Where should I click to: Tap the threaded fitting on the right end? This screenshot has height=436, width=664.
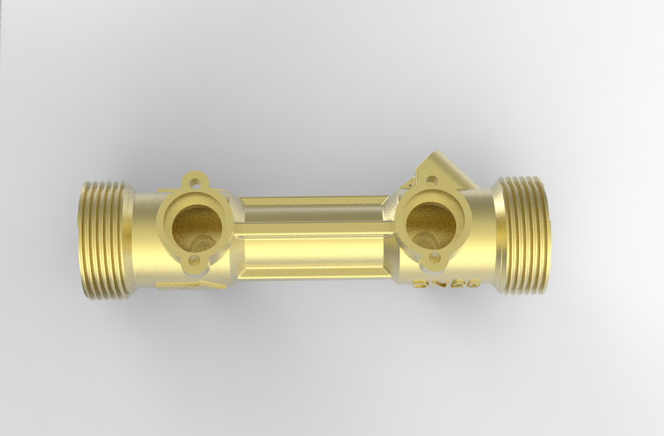(x=526, y=235)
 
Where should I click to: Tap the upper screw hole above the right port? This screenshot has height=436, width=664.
(x=432, y=180)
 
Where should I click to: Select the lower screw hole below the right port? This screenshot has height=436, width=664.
(x=435, y=257)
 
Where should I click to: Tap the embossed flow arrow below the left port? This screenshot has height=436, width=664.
(x=191, y=285)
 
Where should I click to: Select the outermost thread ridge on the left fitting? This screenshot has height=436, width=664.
(x=85, y=239)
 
